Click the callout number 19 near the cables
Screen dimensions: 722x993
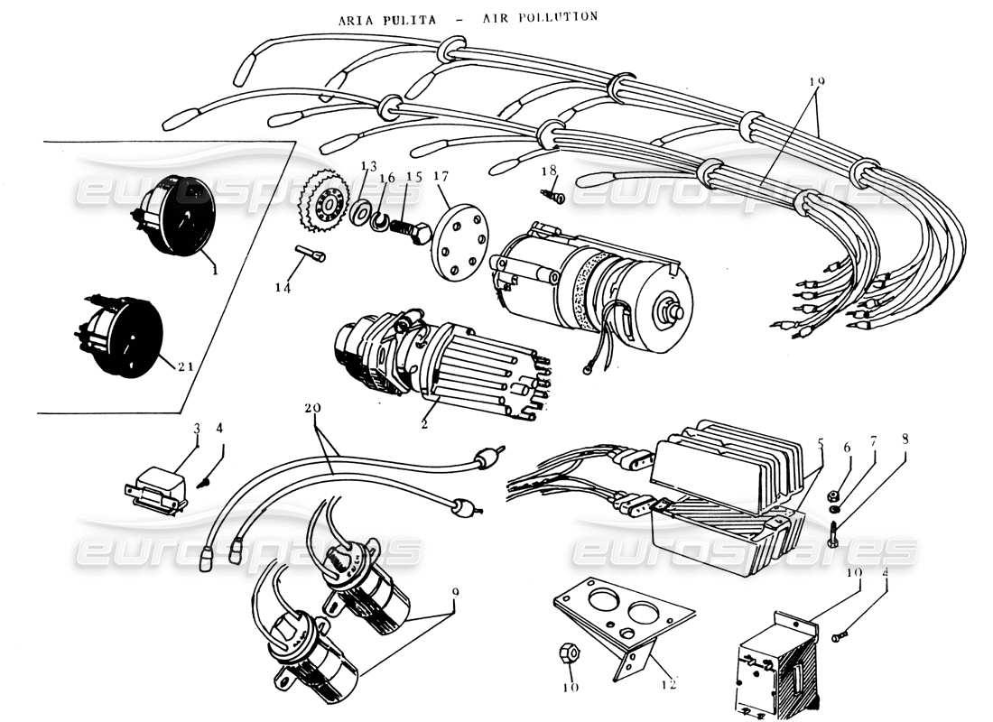pyautogui.click(x=816, y=81)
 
